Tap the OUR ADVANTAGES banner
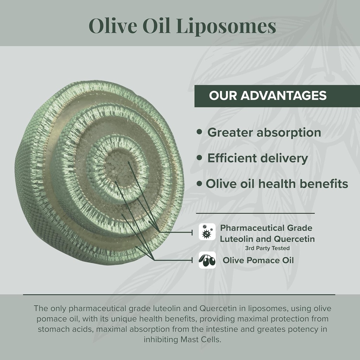tap(268, 96)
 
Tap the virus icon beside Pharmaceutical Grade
tap(207, 232)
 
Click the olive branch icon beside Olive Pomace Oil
tap(207, 260)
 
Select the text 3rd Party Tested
tap(267, 248)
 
